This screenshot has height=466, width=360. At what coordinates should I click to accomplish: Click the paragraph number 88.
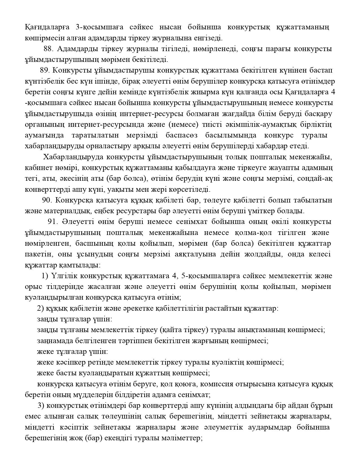(48, 49)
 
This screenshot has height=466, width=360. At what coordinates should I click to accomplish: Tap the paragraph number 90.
(47, 200)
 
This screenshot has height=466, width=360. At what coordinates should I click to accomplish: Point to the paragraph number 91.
(53, 222)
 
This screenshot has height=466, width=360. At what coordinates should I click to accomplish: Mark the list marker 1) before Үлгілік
(45, 276)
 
